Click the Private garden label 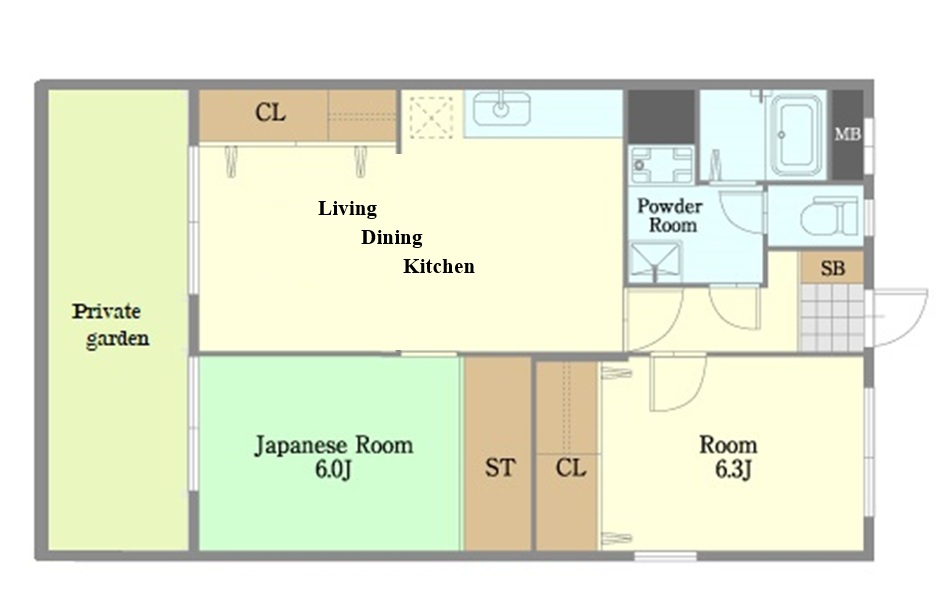click(x=111, y=325)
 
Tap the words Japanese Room click(x=334, y=446)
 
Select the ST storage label click(x=500, y=467)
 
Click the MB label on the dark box click(x=848, y=134)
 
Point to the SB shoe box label click(x=833, y=268)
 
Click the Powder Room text click(x=670, y=216)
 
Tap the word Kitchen click(x=439, y=267)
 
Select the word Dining click(x=392, y=238)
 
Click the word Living click(x=348, y=209)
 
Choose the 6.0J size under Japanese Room click(x=333, y=470)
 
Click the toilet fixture click(x=830, y=216)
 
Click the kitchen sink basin click(x=502, y=108)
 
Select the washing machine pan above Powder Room click(x=661, y=164)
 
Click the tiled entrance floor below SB click(x=831, y=317)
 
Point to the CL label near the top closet click(x=270, y=112)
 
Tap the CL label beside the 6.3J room click(x=571, y=467)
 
